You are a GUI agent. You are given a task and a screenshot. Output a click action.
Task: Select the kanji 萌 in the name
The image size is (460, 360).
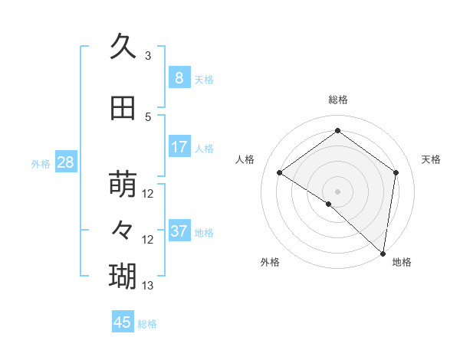123,184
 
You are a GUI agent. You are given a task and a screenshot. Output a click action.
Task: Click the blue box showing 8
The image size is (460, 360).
179,77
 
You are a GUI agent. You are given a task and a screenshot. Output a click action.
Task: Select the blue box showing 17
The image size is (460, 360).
179,147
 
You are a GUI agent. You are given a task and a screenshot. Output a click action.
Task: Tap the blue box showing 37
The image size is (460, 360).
179,231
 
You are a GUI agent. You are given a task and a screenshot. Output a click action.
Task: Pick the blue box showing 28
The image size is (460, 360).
65,162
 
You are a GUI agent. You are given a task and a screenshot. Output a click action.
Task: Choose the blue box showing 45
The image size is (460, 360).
123,322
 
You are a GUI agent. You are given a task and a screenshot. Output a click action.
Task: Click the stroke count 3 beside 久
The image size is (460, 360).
148,56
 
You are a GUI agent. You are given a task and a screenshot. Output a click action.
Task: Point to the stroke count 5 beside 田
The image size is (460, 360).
148,117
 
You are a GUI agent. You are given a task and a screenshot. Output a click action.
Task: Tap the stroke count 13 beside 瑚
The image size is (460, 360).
148,286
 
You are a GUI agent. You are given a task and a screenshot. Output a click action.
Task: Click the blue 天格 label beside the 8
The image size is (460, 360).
204,79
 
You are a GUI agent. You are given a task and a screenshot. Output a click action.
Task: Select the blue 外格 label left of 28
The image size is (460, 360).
41,163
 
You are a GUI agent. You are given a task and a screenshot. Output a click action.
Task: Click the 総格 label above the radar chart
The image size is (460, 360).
337,100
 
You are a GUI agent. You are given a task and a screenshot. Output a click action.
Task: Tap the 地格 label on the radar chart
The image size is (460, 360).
402,263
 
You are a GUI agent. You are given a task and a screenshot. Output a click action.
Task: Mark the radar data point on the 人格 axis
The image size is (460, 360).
280,172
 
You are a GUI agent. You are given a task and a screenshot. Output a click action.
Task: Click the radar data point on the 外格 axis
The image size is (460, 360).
328,204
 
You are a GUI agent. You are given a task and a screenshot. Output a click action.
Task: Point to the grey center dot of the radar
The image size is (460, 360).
337,191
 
